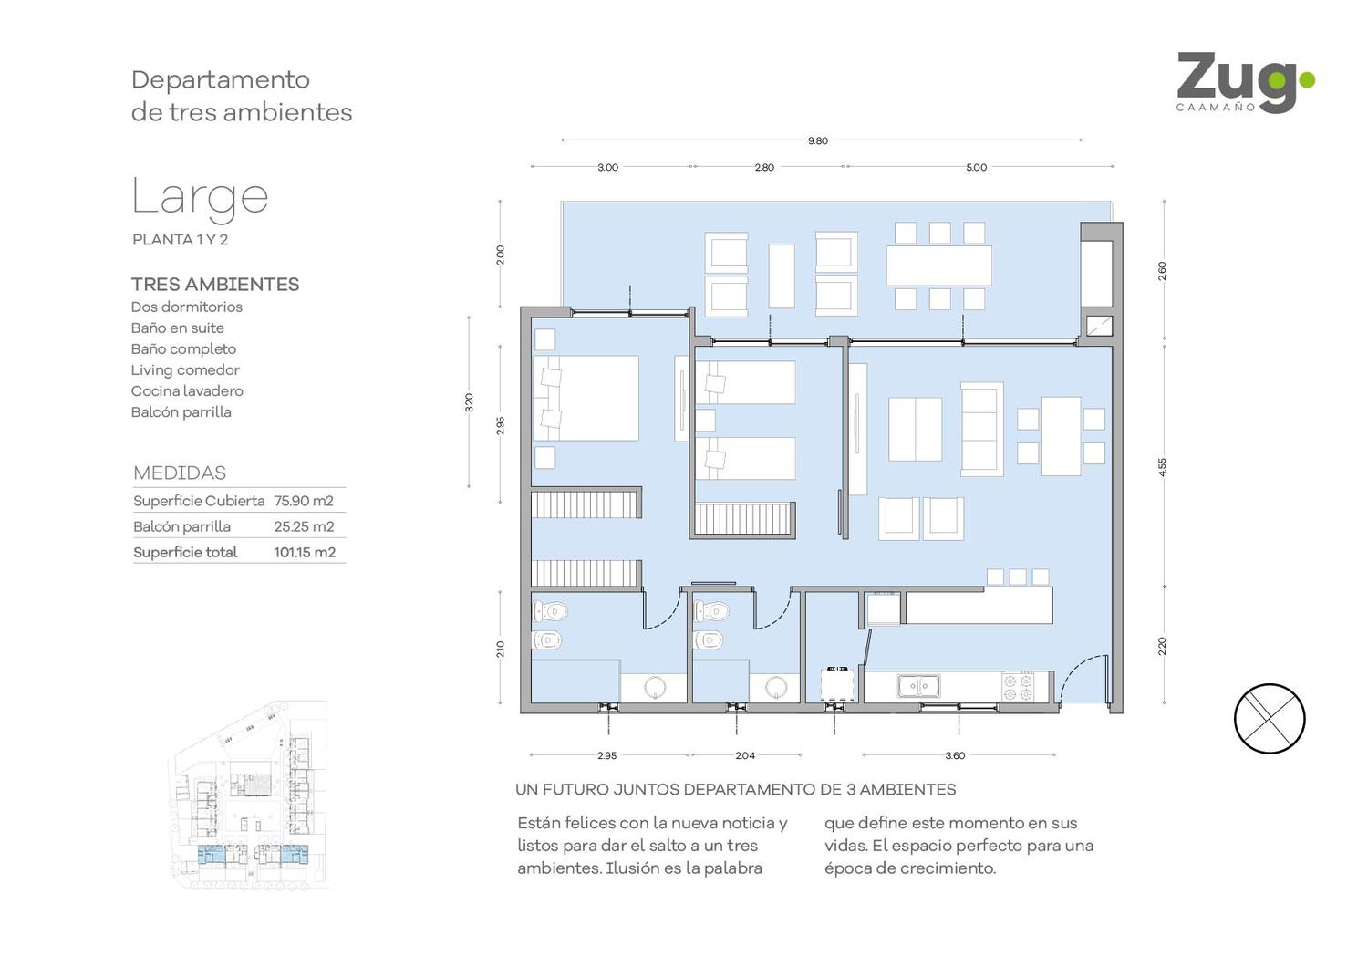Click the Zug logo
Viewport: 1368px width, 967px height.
1245,82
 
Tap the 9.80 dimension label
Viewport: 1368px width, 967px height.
818,141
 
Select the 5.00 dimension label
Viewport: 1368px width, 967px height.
976,167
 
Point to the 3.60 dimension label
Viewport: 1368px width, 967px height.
955,755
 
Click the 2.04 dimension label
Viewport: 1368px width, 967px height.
745,755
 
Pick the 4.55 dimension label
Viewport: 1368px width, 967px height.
1162,467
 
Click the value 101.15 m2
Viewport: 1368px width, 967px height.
304,552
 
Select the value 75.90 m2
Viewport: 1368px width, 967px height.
304,501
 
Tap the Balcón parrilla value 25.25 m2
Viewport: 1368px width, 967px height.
304,526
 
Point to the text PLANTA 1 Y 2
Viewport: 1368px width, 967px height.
181,239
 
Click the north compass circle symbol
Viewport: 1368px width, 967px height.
1270,718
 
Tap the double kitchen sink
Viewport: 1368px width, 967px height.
918,685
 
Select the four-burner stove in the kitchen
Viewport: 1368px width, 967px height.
1018,686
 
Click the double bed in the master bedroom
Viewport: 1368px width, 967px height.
586,399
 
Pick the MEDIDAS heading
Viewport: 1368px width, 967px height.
180,473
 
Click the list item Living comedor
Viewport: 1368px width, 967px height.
185,370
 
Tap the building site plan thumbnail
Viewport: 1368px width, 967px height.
249,794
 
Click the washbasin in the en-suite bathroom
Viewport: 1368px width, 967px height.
655,687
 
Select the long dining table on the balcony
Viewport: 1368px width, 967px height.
938,265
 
